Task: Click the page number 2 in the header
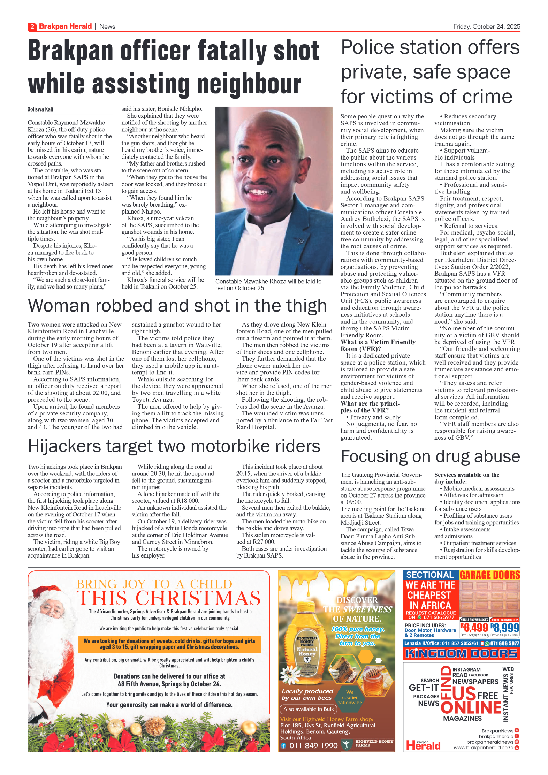tap(32, 26)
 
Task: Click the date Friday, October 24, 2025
tap(486, 26)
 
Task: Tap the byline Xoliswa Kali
tap(40, 109)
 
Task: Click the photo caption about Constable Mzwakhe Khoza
tap(268, 285)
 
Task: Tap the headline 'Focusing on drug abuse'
tap(430, 456)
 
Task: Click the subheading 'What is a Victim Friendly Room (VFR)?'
tap(378, 345)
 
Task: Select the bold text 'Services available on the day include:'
tap(467, 478)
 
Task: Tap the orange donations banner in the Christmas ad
tap(169, 644)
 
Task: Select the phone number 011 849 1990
tap(313, 745)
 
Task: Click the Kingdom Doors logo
tap(461, 654)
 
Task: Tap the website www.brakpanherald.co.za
tap(483, 747)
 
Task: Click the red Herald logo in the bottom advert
tap(423, 745)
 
